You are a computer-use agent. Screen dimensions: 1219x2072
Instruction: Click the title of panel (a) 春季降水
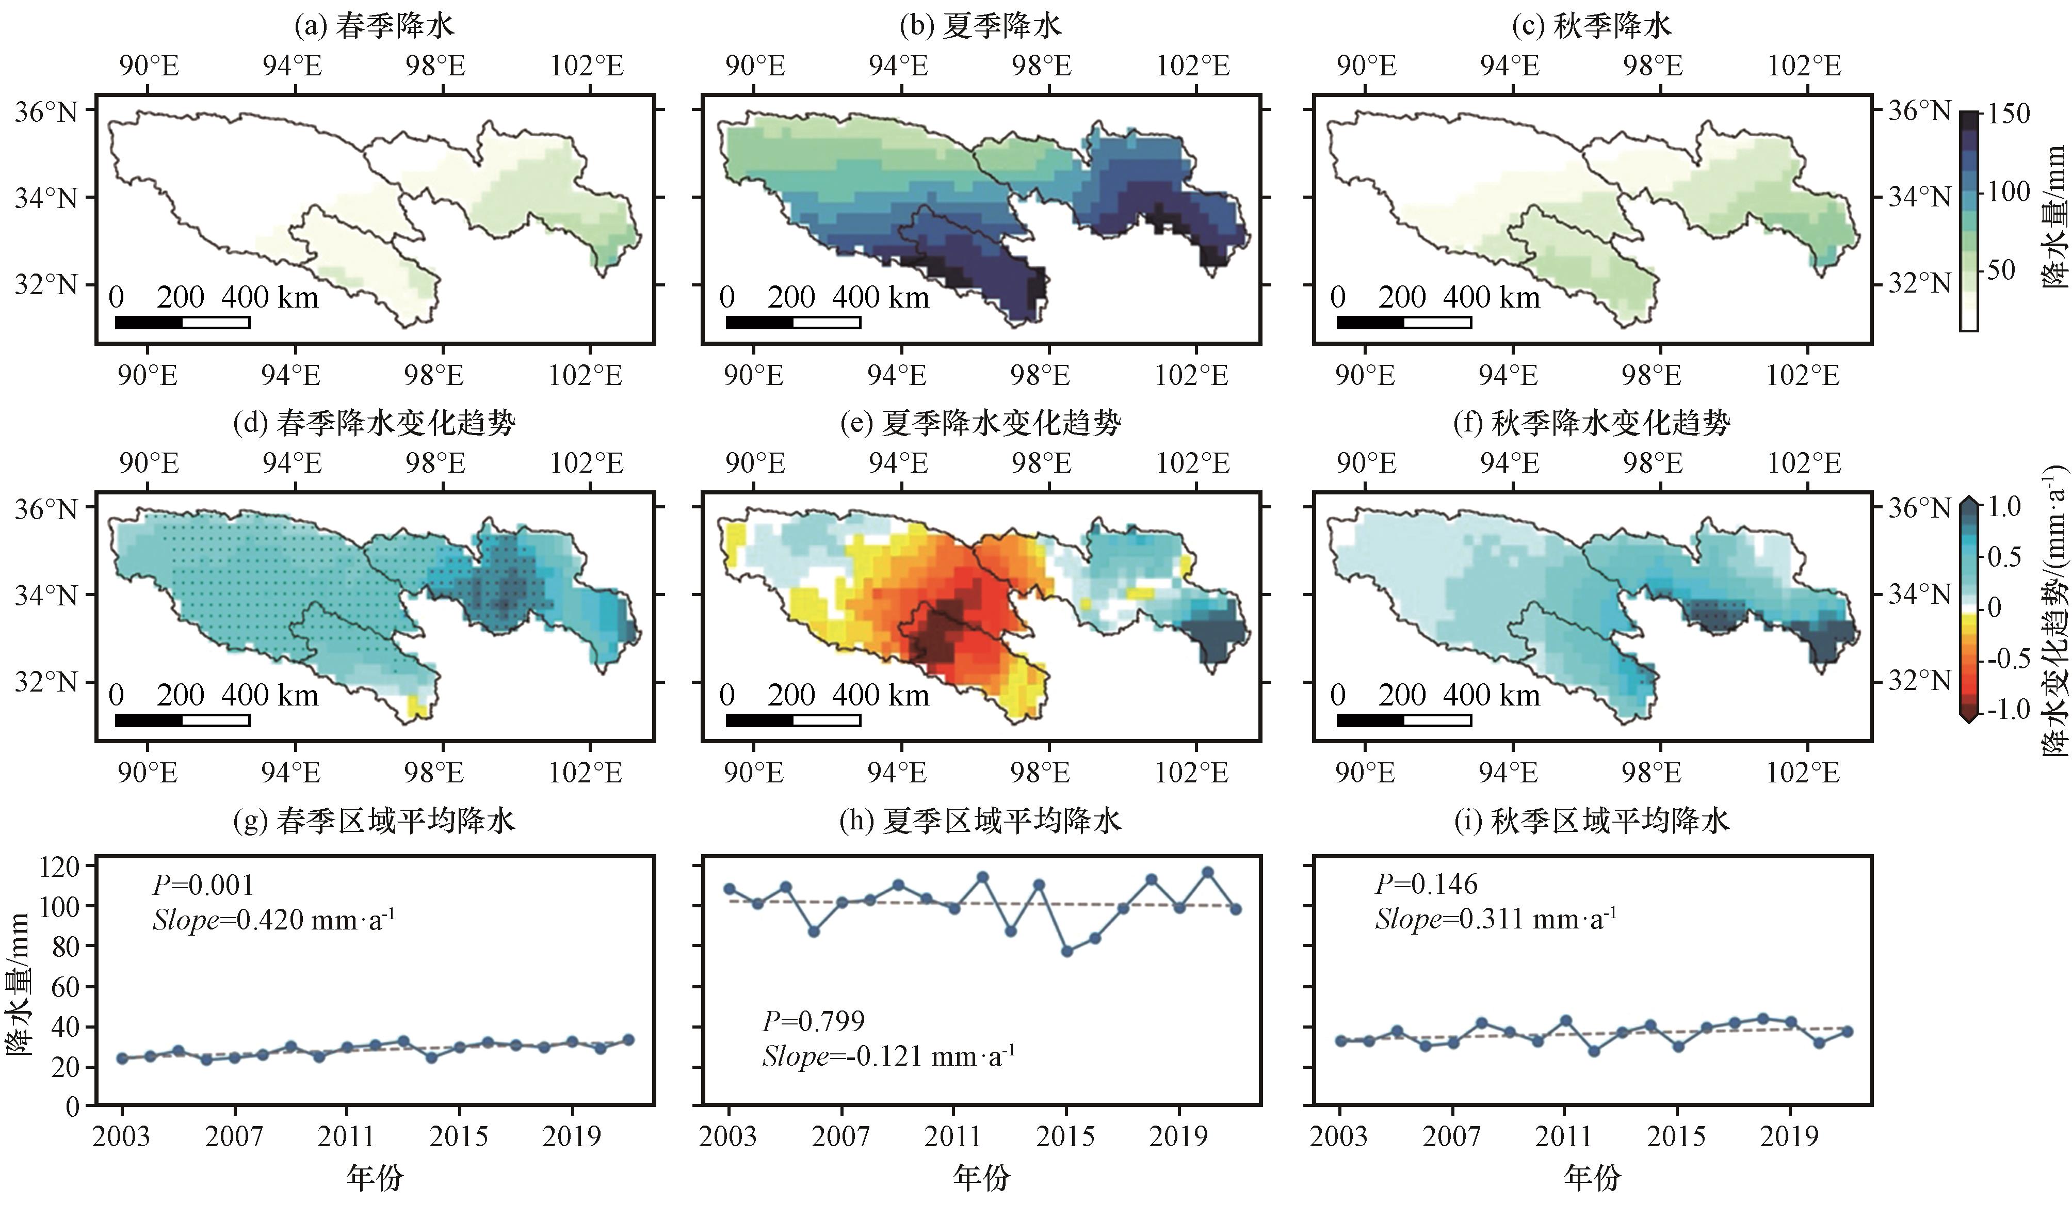[374, 26]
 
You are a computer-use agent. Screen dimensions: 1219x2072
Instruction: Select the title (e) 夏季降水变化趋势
[980, 424]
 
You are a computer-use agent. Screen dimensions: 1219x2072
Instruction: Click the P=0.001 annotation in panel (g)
[203, 885]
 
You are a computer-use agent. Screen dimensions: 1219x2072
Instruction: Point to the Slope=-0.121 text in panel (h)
[888, 1056]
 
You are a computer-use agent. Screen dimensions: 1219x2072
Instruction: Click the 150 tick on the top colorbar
[2009, 114]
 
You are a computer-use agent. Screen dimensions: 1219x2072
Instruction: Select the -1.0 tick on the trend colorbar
[2009, 709]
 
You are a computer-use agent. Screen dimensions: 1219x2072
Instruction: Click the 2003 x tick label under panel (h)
[727, 1137]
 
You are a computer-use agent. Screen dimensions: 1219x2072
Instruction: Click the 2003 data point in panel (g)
[122, 1058]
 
